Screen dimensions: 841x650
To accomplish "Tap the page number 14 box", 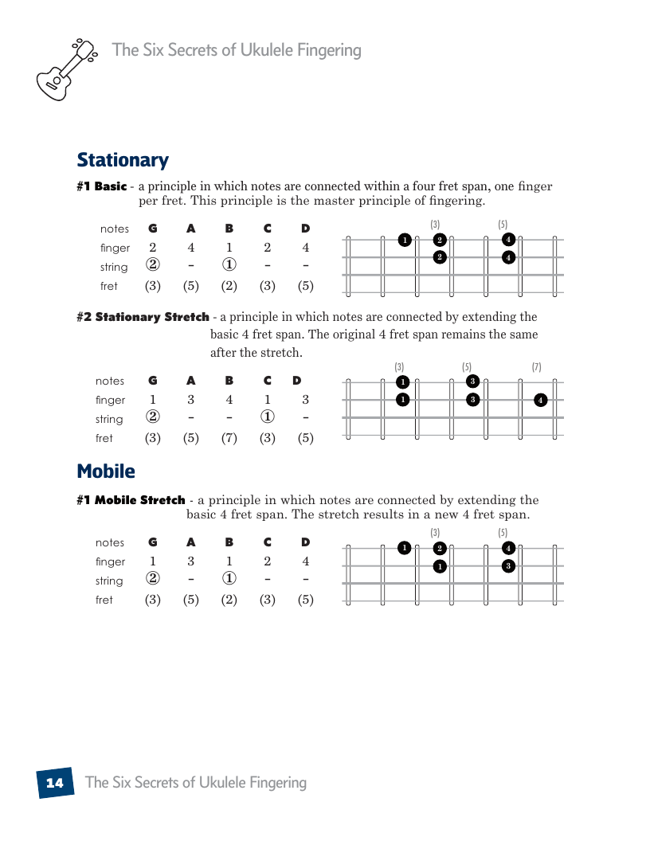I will click(55, 783).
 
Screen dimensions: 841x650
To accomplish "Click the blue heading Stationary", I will click(123, 160).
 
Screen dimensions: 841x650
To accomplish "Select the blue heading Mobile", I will click(106, 471).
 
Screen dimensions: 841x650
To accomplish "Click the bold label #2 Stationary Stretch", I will click(143, 317).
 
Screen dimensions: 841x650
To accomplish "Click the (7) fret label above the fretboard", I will click(537, 367).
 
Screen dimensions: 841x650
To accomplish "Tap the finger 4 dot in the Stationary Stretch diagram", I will click(541, 400).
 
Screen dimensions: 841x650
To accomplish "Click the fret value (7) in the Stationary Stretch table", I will click(229, 438).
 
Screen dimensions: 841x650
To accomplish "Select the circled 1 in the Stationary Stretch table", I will click(268, 419).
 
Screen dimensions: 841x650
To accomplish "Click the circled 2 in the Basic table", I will click(153, 266).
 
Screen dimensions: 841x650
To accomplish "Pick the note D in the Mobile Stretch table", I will click(306, 542).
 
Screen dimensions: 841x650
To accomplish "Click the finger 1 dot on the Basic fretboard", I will click(405, 240).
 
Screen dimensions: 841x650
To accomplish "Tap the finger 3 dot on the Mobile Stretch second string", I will click(508, 565).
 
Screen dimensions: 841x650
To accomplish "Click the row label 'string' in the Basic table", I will click(114, 267).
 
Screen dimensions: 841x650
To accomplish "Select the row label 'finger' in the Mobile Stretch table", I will click(110, 561).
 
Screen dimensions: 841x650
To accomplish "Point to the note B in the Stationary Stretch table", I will click(229, 381).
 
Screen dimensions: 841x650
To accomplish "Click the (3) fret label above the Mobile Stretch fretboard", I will click(435, 532).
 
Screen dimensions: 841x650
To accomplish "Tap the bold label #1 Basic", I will click(101, 186).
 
